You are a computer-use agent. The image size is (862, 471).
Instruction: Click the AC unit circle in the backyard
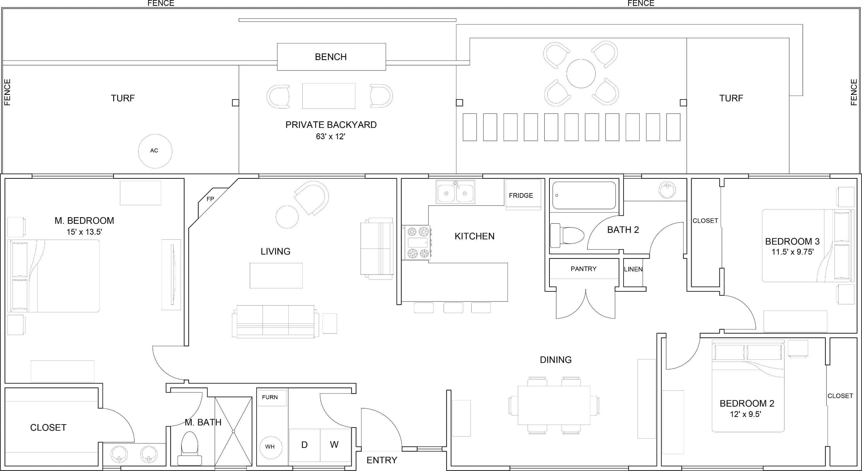(155, 151)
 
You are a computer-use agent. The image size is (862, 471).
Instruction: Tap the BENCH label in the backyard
(331, 57)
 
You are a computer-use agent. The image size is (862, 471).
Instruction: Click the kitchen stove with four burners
(417, 242)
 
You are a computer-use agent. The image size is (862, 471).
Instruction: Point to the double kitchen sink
(455, 192)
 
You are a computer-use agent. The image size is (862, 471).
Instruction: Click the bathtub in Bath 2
(584, 195)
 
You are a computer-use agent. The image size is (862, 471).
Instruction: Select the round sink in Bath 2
(667, 190)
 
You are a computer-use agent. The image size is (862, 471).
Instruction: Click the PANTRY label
(584, 269)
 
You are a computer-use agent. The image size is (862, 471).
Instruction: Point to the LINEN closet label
(633, 269)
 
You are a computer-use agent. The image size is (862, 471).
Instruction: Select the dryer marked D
(305, 445)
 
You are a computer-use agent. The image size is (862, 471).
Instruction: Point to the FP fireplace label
(210, 199)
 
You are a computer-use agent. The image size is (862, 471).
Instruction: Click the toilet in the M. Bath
(190, 448)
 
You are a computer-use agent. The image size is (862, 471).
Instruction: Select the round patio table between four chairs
(581, 74)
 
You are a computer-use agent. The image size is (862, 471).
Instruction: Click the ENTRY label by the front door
(382, 460)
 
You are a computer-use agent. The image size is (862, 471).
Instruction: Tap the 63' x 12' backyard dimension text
(331, 136)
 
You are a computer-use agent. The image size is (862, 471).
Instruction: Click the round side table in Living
(287, 217)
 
